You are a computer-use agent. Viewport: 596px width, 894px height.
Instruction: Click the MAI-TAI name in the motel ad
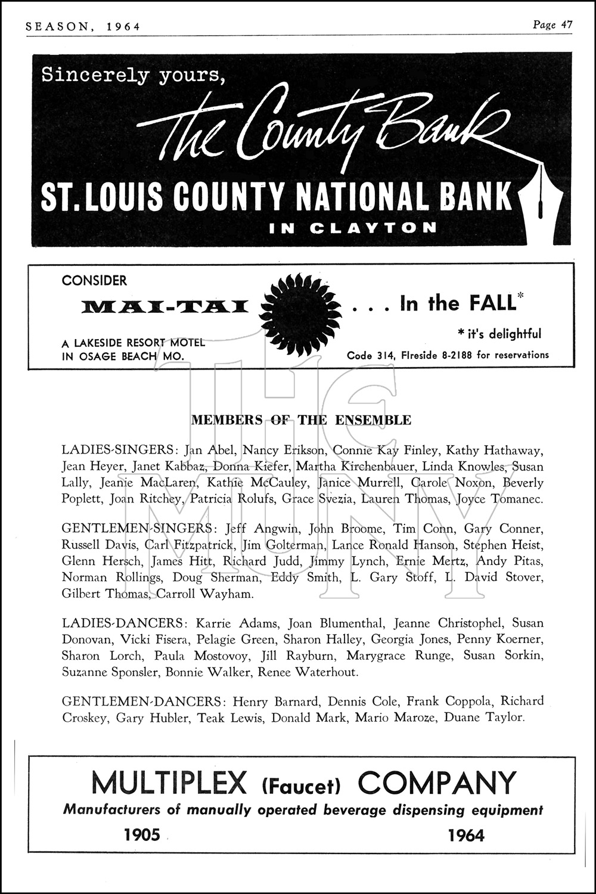coord(164,307)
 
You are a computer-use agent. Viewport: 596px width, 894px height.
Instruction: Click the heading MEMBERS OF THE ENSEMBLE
coord(301,420)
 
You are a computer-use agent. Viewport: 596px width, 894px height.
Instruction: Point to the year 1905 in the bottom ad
coord(142,835)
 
